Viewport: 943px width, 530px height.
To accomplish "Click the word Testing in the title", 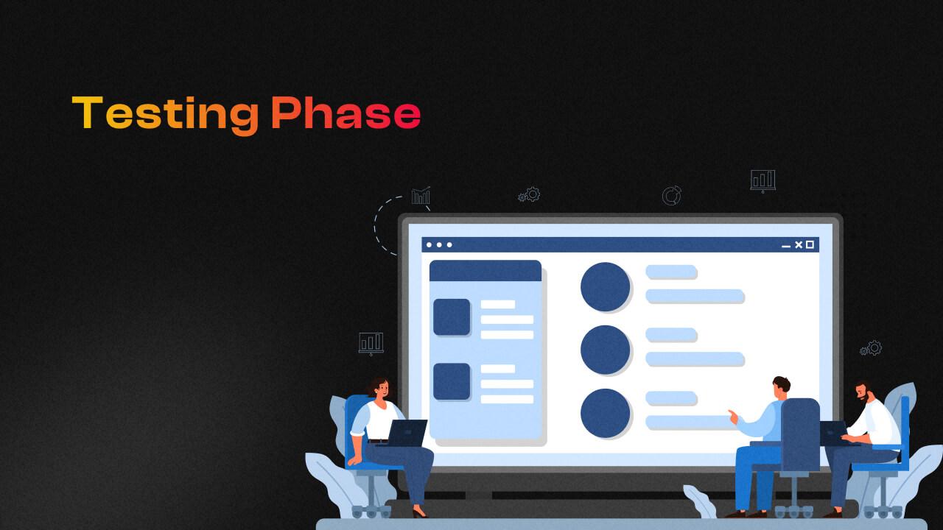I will point(166,114).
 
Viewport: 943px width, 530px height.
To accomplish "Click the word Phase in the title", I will point(346,114).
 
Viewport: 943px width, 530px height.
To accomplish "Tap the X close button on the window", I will point(798,244).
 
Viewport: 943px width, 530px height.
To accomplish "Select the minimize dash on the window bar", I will point(786,246).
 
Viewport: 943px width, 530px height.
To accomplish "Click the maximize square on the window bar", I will point(810,244).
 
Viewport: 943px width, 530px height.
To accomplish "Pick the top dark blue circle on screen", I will point(605,287).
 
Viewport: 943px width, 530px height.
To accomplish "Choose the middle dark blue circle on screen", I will point(605,350).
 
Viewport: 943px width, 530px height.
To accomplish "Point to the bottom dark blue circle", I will point(605,413).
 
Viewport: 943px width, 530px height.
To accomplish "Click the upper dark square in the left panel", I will point(452,317).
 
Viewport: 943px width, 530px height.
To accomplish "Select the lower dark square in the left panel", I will point(452,381).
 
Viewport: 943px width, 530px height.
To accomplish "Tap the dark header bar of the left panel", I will point(485,270).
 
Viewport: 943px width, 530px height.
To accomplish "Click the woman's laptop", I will point(407,433).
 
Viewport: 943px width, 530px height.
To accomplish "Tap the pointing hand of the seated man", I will point(732,415).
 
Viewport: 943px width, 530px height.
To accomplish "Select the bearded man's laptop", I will point(834,433).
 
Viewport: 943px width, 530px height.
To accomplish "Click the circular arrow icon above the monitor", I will point(671,196).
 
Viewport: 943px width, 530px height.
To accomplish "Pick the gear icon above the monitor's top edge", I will point(530,194).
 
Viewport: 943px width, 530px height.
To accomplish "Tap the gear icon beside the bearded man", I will point(872,348).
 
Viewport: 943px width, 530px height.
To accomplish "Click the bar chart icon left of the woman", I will point(371,343).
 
